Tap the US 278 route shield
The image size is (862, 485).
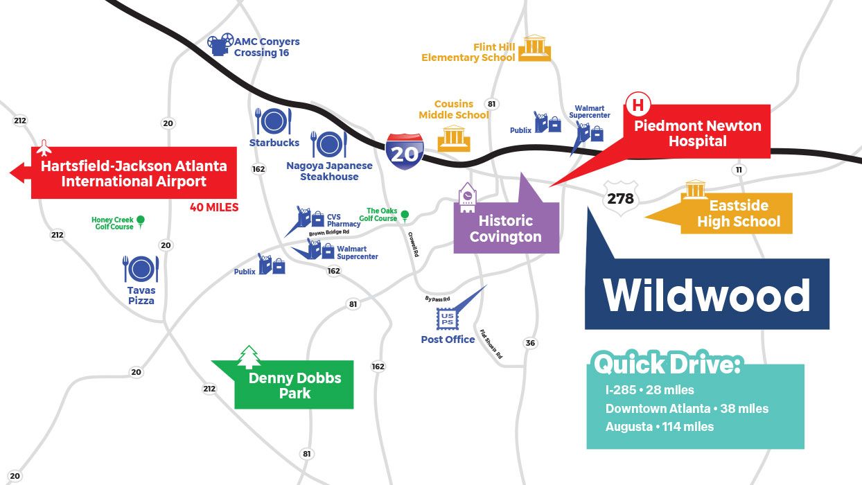coord(619,198)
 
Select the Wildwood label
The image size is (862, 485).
coord(706,295)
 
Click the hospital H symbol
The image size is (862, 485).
coord(637,105)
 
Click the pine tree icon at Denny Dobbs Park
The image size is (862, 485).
coord(249,357)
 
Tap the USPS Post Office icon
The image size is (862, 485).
coord(447,319)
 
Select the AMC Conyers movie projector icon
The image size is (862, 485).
coord(220,44)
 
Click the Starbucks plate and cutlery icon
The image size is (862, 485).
coord(274,121)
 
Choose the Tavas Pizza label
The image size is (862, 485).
coord(141,295)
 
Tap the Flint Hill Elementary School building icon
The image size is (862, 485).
coord(534,47)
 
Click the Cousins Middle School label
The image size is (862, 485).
coord(454,109)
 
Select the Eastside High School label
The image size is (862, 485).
coord(738,214)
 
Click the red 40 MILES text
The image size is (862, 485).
coord(213,207)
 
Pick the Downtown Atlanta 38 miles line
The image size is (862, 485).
coord(686,408)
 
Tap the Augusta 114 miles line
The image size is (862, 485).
coord(659,426)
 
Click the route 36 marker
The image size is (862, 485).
coord(530,343)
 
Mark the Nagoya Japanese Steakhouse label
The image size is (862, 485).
coord(329,171)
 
